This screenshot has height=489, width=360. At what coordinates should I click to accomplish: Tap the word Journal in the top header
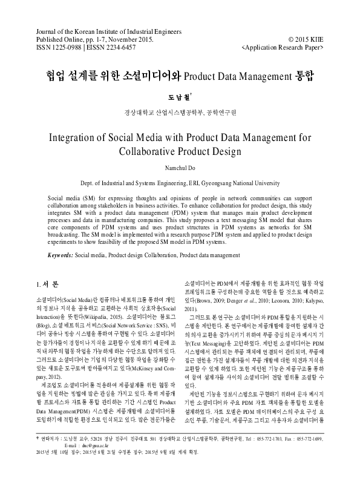tap(49, 30)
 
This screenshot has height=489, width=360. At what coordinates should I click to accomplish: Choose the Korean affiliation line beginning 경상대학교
tap(180, 112)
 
